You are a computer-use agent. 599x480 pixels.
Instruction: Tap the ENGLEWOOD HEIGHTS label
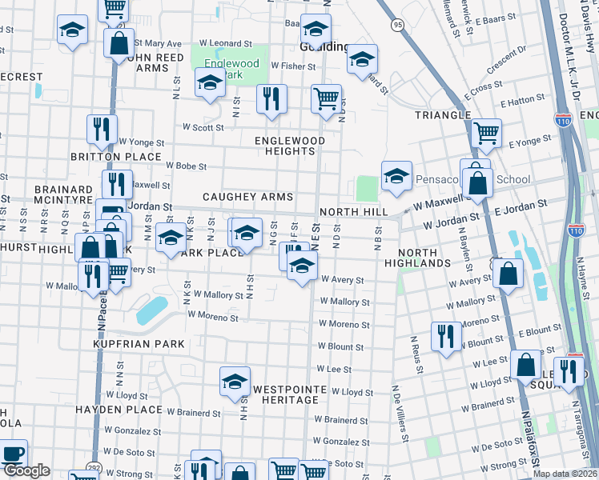(290, 146)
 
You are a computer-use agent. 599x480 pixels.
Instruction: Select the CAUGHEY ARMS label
(247, 197)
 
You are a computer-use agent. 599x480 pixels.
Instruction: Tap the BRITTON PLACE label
(127, 157)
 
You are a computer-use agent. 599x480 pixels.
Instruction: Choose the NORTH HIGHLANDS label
(417, 257)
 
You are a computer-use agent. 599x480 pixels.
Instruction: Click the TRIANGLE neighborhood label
(443, 115)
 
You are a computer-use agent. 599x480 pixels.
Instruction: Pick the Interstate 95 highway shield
(398, 26)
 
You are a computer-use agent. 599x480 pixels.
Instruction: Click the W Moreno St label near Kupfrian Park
(213, 316)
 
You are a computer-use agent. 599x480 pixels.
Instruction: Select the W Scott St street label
(203, 126)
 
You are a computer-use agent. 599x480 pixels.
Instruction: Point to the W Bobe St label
(187, 166)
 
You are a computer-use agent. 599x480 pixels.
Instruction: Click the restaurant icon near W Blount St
(444, 335)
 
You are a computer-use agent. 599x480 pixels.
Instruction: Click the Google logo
(26, 470)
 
